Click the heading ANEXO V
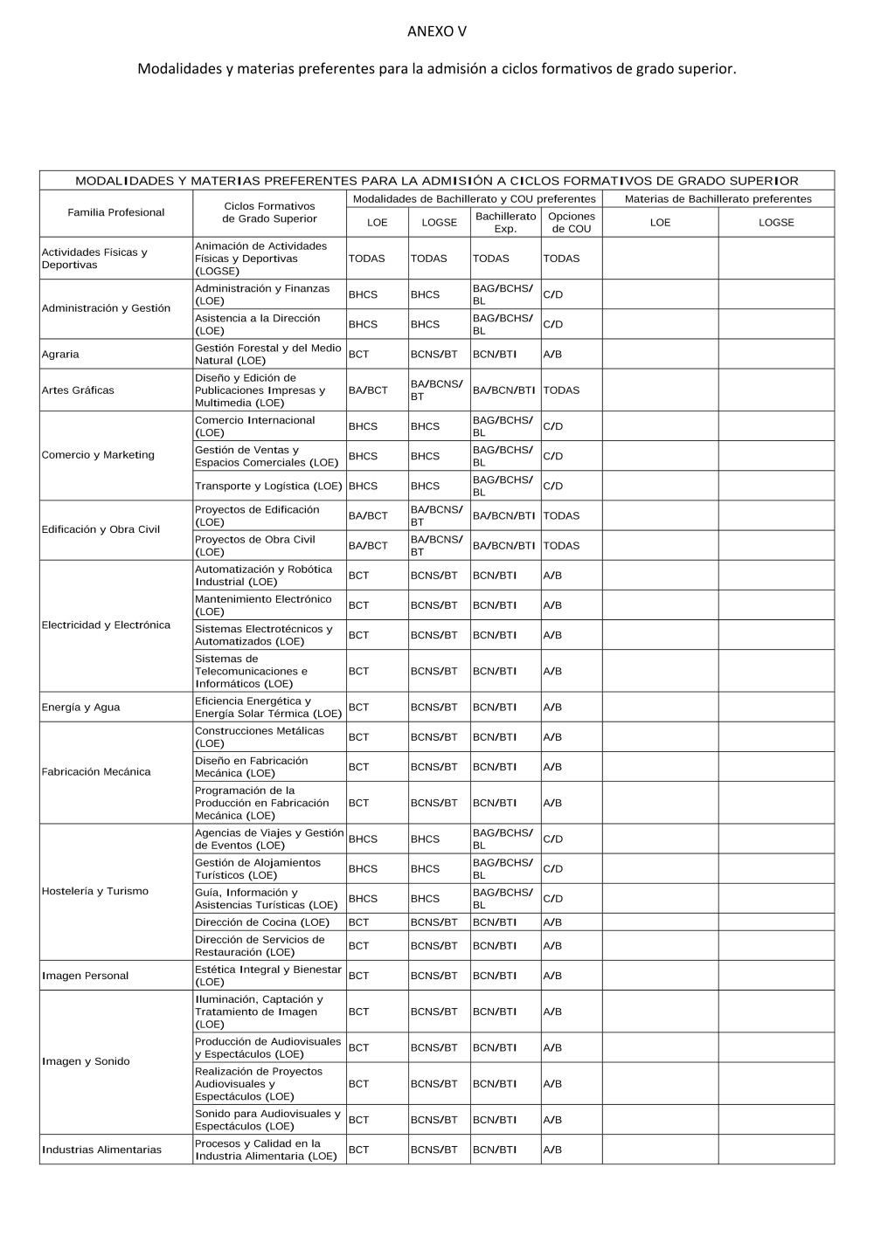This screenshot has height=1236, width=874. pos(436,32)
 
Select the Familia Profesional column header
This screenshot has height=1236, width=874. pos(115,212)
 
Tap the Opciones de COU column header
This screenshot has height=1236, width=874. pos(571,222)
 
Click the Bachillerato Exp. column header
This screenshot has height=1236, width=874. pos(505,222)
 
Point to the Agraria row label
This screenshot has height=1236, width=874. pos(60,354)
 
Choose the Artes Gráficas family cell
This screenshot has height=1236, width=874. pos(78,390)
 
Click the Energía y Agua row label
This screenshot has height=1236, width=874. pos(80,708)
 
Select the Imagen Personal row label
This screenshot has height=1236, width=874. pos(85,976)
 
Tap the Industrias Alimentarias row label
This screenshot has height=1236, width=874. pos(101,1150)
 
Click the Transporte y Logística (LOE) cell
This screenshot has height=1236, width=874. pos(268,486)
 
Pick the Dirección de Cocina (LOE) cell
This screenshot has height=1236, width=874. pos(262,922)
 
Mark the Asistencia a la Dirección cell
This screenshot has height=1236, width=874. pos(257,324)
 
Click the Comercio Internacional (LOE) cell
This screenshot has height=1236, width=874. pos(254,426)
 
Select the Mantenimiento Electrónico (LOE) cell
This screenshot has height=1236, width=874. pos(263,605)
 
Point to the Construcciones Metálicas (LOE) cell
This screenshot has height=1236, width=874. pos(259,737)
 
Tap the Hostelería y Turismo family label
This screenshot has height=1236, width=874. pos(94,891)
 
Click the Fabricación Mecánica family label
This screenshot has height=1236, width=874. pos(96,772)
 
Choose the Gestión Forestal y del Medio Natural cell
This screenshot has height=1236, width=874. pos(267,354)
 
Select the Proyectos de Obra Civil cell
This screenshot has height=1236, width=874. pos(254,546)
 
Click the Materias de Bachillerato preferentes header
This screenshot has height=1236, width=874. pos(718,199)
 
